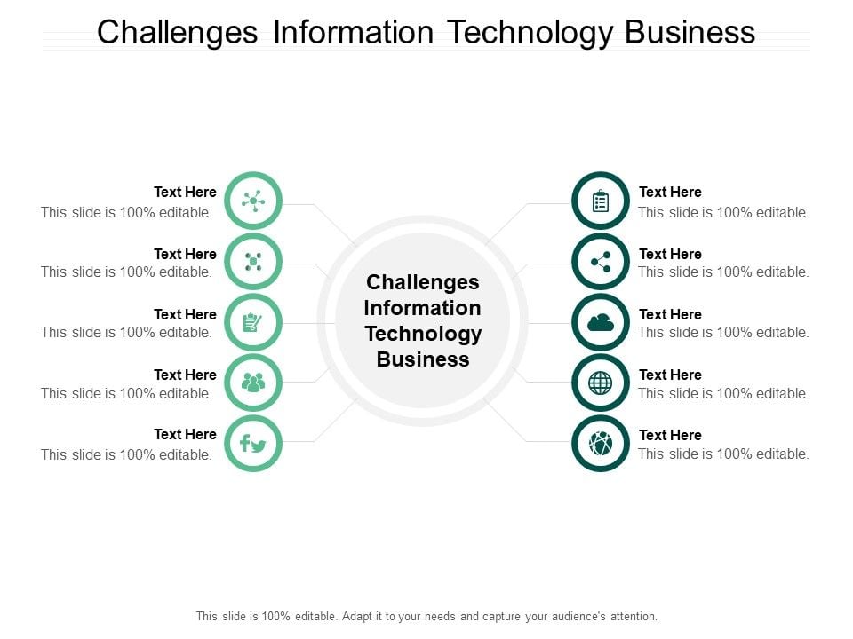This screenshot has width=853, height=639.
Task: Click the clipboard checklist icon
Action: tap(600, 201)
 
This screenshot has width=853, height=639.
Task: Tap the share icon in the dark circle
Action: tap(601, 262)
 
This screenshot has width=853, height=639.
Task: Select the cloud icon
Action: tap(601, 323)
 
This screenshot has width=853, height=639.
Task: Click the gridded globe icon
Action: tap(600, 383)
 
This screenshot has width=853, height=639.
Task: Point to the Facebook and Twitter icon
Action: tap(253, 444)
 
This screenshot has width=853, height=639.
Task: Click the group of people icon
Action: tap(253, 383)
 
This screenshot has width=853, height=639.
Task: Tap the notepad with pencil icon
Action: tap(252, 322)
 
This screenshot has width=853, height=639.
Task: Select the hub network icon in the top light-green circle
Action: tap(253, 201)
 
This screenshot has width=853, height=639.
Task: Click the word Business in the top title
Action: tap(690, 32)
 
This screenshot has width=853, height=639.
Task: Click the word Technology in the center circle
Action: tap(423, 335)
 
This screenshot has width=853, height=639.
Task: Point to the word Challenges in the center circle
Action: tap(423, 283)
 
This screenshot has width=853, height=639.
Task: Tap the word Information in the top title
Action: tap(353, 32)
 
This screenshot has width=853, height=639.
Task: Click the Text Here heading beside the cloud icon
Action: tap(670, 314)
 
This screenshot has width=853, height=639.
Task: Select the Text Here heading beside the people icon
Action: tap(185, 375)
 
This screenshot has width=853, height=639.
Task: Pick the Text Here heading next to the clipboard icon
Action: tap(670, 192)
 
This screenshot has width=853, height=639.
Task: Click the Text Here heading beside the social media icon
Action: tap(185, 434)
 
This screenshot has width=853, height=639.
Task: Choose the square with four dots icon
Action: tap(253, 261)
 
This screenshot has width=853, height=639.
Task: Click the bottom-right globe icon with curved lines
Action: tap(600, 444)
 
